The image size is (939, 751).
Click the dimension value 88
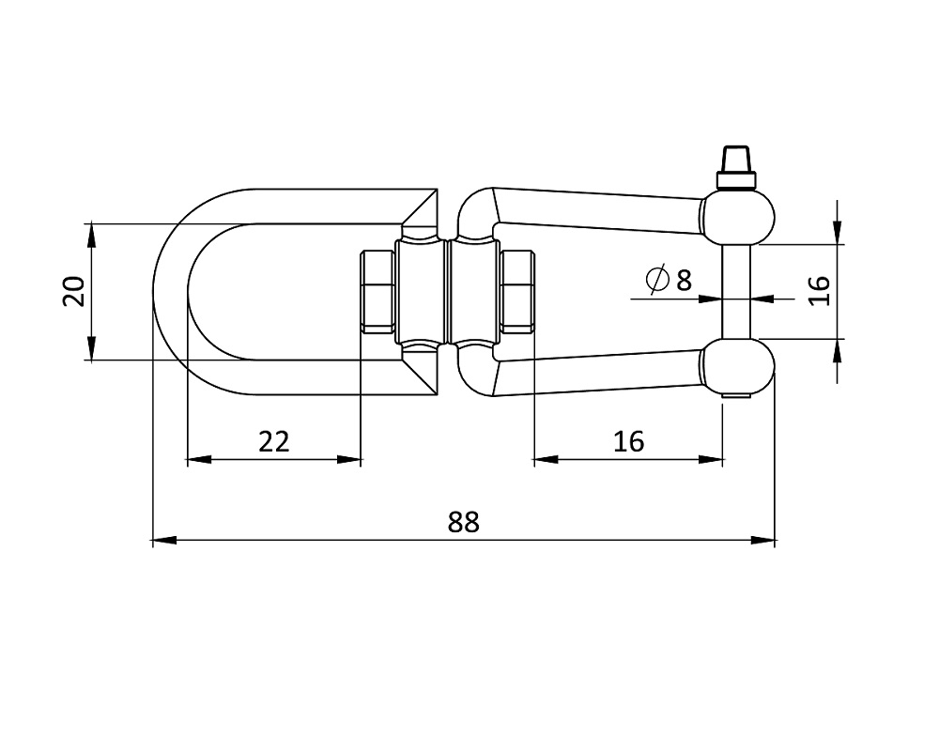click(464, 522)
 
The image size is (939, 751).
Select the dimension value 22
click(273, 441)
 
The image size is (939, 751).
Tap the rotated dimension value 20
click(73, 291)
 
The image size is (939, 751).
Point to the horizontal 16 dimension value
click(628, 441)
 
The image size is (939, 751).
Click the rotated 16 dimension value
click(820, 290)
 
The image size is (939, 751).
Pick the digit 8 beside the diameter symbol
click(684, 280)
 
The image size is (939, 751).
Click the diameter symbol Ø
click(657, 279)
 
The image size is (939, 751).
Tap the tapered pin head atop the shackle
click(736, 160)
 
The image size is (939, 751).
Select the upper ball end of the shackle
click(738, 218)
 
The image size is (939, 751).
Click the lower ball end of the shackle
click(738, 365)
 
